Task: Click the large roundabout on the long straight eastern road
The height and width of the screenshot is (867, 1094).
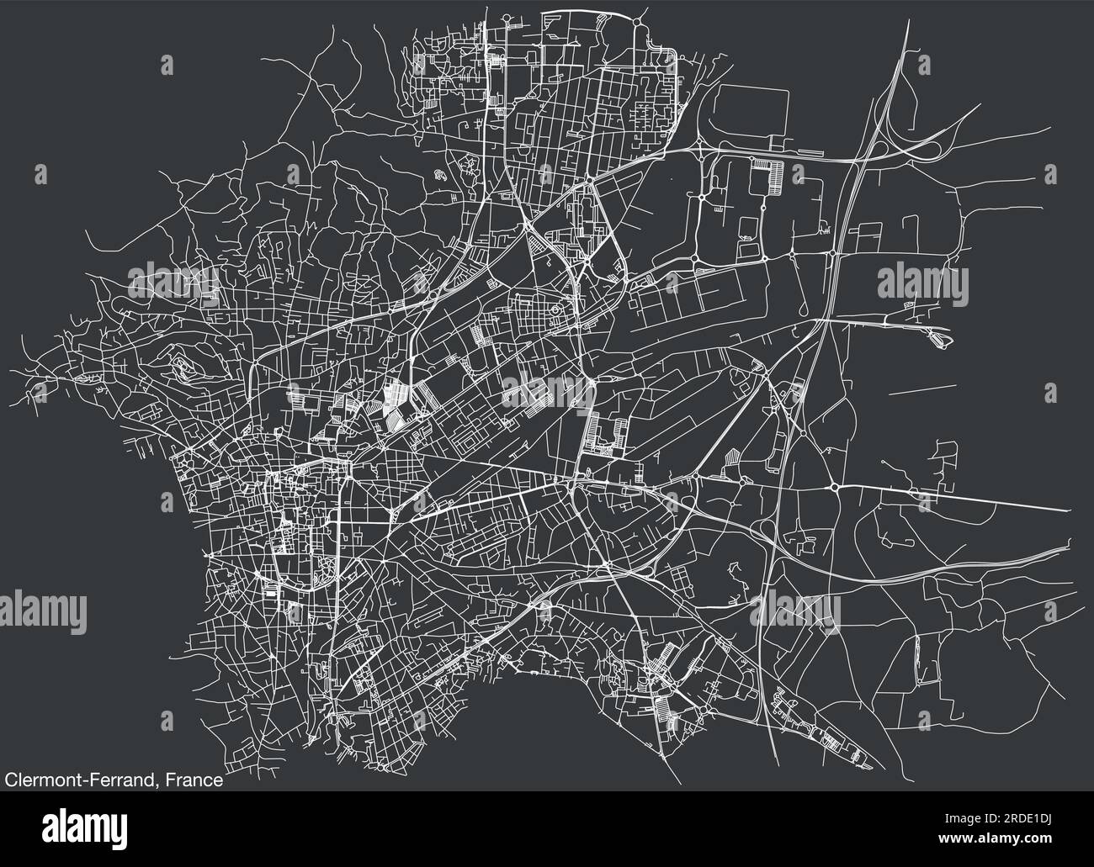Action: point(834,487)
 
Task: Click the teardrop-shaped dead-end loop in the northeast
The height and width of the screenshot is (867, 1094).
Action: point(937,338)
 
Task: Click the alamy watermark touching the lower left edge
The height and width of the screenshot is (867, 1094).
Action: point(42,607)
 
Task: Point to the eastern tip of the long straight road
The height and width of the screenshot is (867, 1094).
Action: point(1070,510)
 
